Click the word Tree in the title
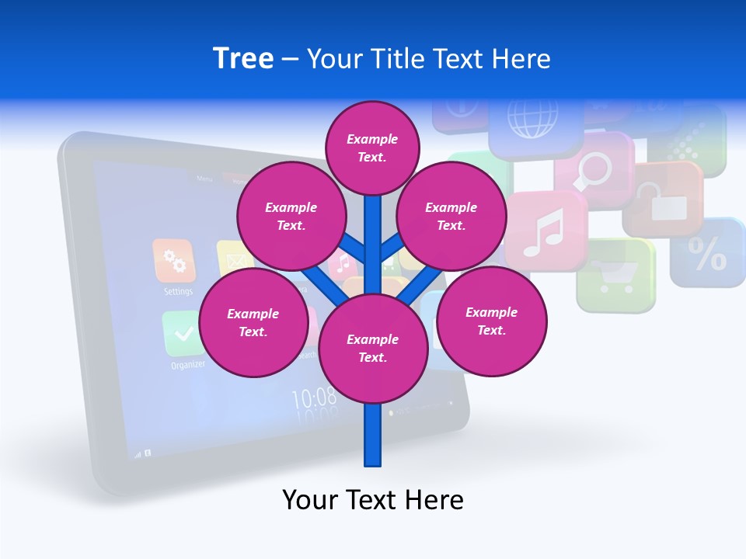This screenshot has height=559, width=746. (x=243, y=58)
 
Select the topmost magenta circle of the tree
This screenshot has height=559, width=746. (x=372, y=148)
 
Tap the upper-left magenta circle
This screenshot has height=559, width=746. (x=291, y=216)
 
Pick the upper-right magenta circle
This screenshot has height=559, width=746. (x=451, y=216)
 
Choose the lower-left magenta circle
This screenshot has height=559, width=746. (x=253, y=322)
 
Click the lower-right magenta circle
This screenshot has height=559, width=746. (x=491, y=321)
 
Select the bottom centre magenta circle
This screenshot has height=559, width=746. (x=373, y=349)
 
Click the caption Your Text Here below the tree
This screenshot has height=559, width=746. (x=373, y=500)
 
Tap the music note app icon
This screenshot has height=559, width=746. (x=544, y=231)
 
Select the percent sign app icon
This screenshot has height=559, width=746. (x=709, y=253)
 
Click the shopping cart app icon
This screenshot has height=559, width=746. (x=616, y=275)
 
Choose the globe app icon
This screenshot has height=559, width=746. (x=533, y=116)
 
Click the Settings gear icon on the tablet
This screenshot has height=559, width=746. (x=174, y=261)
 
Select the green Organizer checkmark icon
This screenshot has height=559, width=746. (x=183, y=334)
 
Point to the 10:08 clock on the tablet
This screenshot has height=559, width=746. (x=314, y=398)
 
